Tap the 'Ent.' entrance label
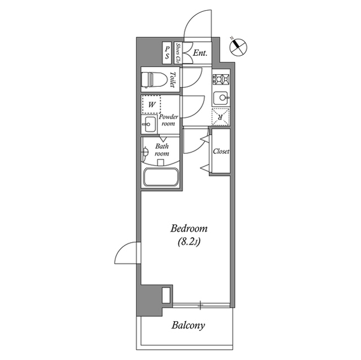pyautogui.click(x=200, y=54)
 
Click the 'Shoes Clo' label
pyautogui.click(x=178, y=53)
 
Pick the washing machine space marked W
pyautogui.click(x=151, y=104)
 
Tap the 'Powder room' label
pyautogui.click(x=169, y=120)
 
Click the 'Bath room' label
pyautogui.click(x=162, y=149)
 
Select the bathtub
pyautogui.click(x=161, y=177)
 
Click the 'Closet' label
pyautogui.click(x=220, y=152)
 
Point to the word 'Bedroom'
pyautogui.click(x=189, y=229)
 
